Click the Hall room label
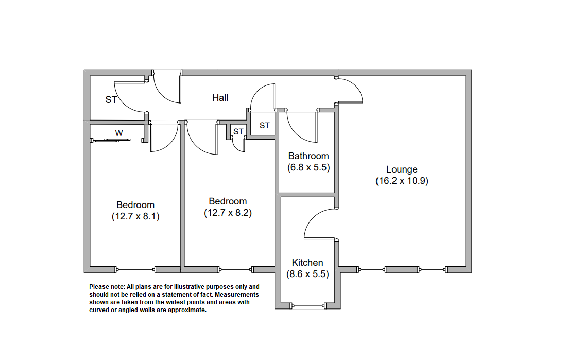220,98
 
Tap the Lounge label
402,169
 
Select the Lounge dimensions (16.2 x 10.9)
402,181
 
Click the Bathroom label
308,156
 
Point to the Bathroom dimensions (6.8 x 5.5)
308,167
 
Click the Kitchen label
307,263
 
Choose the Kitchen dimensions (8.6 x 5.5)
307,274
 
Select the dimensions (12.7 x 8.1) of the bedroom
135,216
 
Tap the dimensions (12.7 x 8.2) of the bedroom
228,213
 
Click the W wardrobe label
119,133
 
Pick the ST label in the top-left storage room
111,100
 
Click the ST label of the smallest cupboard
238,131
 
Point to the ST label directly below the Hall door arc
265,125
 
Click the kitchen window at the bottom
308,306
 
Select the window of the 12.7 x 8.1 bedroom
135,269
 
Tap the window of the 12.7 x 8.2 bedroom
236,269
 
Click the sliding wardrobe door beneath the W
110,140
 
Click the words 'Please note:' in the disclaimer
107,287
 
